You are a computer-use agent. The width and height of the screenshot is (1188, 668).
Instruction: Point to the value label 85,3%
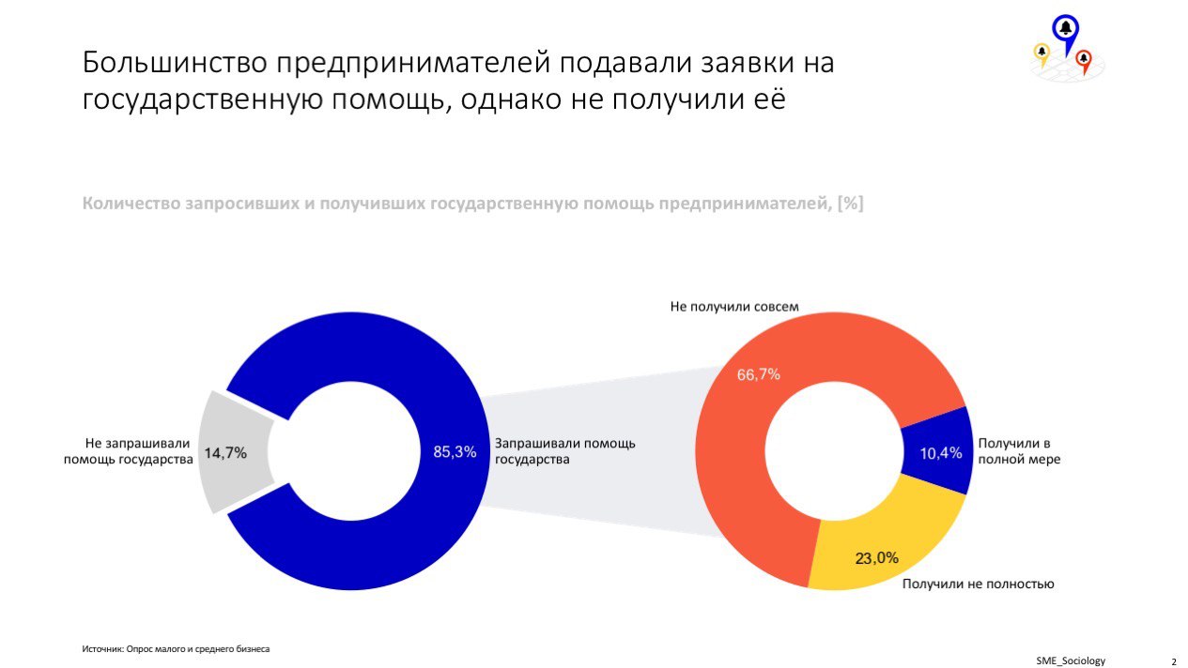pos(455,451)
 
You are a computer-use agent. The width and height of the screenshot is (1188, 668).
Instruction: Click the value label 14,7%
pos(225,453)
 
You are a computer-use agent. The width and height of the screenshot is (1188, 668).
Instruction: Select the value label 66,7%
pos(758,375)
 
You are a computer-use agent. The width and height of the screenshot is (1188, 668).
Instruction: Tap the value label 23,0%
pos(876,558)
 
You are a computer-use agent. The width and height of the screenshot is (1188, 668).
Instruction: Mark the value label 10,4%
pos(941,453)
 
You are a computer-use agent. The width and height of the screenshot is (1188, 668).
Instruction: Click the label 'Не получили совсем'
pos(734,306)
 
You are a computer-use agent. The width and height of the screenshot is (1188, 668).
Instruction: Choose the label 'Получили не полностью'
pos(978,584)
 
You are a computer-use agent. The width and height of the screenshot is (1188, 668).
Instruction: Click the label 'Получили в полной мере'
pos(1019,451)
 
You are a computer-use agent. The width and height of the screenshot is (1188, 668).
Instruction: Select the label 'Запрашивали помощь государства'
pos(564,451)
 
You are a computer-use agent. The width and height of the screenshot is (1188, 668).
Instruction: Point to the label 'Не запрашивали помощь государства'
pos(128,451)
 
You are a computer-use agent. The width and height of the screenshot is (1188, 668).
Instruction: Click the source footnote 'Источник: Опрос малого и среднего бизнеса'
pos(175,648)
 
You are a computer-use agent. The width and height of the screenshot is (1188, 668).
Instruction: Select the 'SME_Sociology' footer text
pos(1071,660)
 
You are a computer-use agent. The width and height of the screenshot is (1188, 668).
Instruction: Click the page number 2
pos(1173,661)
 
